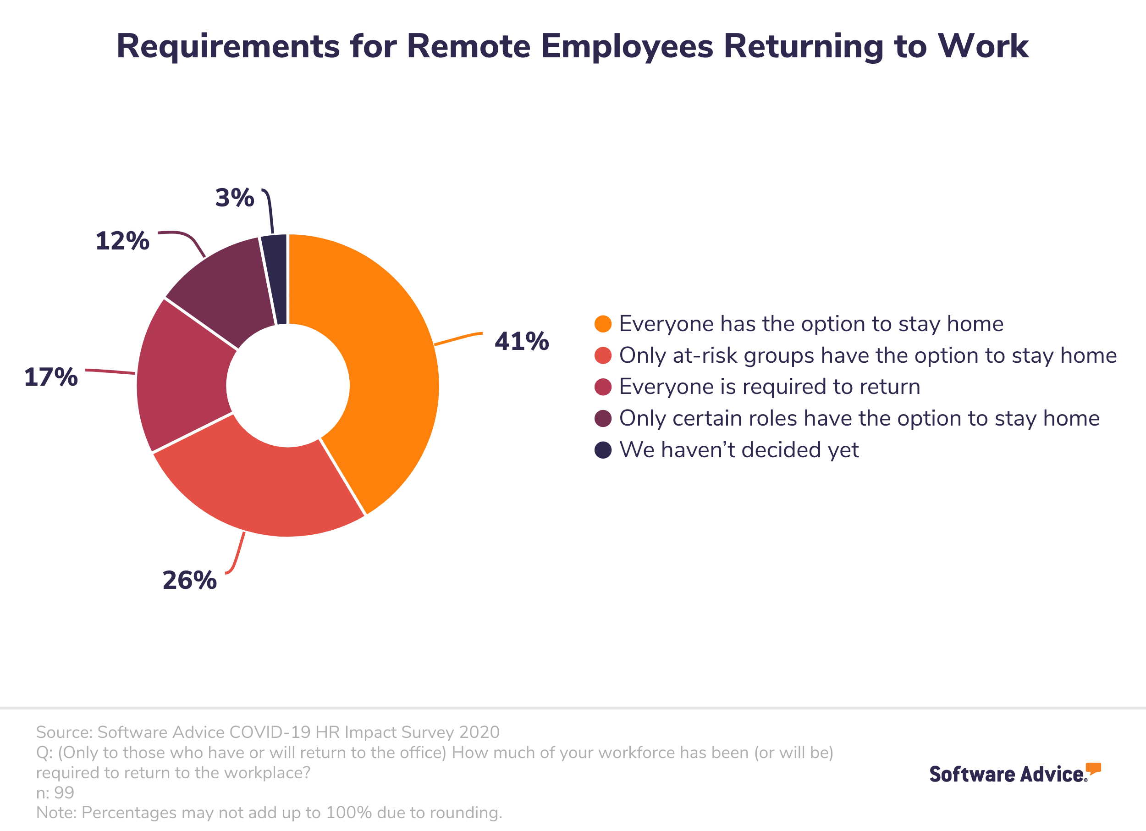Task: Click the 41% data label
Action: tap(522, 341)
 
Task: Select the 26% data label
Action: tap(189, 580)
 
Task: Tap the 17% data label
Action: tap(51, 377)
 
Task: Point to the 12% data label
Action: tap(122, 241)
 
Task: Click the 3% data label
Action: tap(234, 198)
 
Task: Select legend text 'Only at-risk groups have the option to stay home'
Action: tap(868, 355)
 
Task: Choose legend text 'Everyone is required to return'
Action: tap(769, 387)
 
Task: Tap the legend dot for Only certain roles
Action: tap(603, 419)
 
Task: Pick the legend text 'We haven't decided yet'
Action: tap(739, 450)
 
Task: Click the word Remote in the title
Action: tap(468, 46)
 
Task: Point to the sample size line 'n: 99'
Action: tap(55, 792)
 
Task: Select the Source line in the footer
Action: tap(268, 732)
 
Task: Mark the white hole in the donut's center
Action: tap(287, 386)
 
